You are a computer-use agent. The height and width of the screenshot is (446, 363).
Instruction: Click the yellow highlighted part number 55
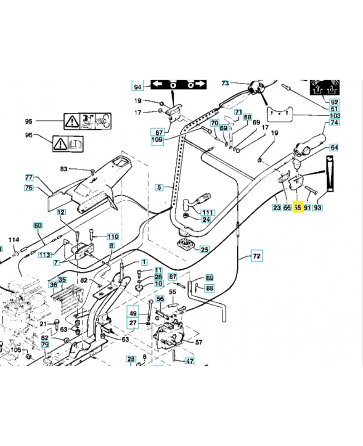click(297, 207)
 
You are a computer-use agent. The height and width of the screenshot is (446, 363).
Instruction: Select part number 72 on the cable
click(257, 256)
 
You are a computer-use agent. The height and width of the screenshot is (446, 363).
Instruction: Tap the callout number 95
click(30, 121)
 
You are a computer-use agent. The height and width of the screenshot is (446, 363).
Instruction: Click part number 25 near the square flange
click(205, 249)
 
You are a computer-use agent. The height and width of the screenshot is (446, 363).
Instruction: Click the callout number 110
click(112, 236)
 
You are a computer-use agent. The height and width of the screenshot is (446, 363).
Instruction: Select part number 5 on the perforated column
click(159, 188)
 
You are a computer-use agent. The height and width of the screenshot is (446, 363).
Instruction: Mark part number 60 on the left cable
click(38, 226)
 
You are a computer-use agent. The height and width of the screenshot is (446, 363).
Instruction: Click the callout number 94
click(138, 86)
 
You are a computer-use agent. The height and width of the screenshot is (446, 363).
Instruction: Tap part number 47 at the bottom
click(189, 361)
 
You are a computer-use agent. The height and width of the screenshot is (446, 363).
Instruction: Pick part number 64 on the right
click(334, 148)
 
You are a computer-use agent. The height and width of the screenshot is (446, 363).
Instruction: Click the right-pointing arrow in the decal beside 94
click(199, 84)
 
